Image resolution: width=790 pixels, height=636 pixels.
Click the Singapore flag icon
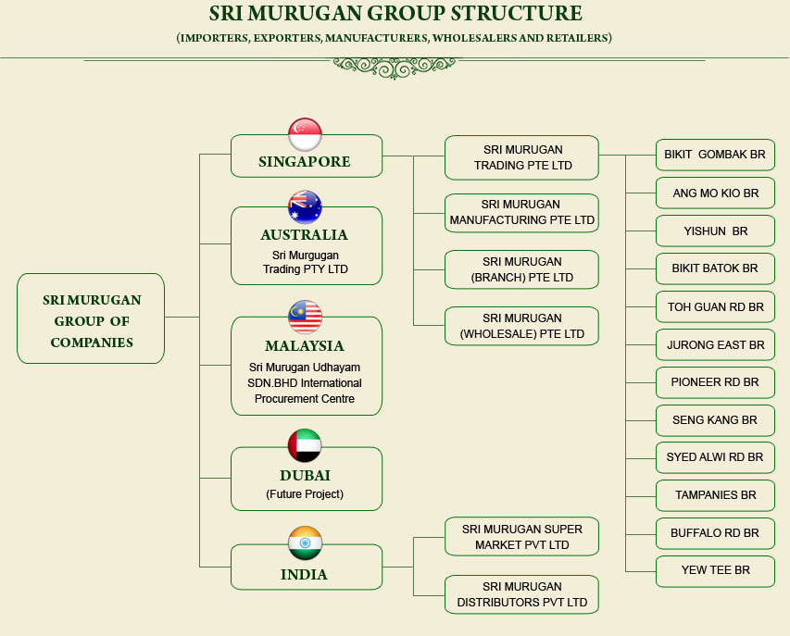pos(305,134)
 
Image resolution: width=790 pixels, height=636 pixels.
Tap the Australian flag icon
pos(305,207)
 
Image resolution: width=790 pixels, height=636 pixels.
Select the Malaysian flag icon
pos(305,317)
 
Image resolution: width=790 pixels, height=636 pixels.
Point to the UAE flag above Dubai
pos(305,445)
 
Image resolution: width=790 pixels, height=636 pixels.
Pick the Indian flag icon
pos(305,542)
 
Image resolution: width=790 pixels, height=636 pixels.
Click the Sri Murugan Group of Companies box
pos(91,318)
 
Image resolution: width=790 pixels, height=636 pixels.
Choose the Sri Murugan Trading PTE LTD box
pos(522,157)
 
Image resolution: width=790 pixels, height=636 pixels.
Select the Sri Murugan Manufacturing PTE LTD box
pos(522,213)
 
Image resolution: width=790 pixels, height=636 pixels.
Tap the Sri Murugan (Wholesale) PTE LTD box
pos(522,326)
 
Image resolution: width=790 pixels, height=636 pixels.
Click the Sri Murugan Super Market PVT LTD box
pos(522,537)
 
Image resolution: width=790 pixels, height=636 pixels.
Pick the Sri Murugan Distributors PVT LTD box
pos(522,594)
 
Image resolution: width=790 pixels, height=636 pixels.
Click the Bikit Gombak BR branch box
pos(715,156)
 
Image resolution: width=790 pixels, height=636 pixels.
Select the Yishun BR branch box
pos(715,231)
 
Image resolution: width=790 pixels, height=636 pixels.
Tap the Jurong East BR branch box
pos(715,345)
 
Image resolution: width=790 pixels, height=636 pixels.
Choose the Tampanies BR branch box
pos(715,495)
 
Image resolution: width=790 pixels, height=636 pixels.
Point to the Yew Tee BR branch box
pos(715,571)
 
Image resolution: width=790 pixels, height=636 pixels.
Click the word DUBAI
pos(306,475)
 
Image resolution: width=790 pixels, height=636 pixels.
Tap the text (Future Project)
pos(305,494)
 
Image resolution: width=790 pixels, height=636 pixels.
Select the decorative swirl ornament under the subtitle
pos(395,68)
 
